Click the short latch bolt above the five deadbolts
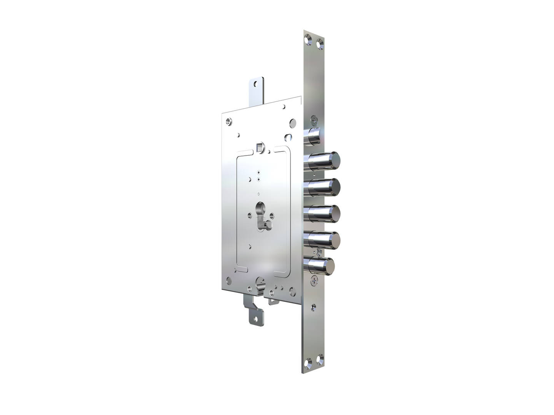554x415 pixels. (314, 137)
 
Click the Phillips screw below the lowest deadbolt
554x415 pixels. (315, 281)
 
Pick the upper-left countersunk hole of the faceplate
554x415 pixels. (307, 38)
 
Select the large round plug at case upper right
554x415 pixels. (293, 123)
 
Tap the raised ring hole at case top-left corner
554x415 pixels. (230, 121)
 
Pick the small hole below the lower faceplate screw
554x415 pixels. (315, 306)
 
